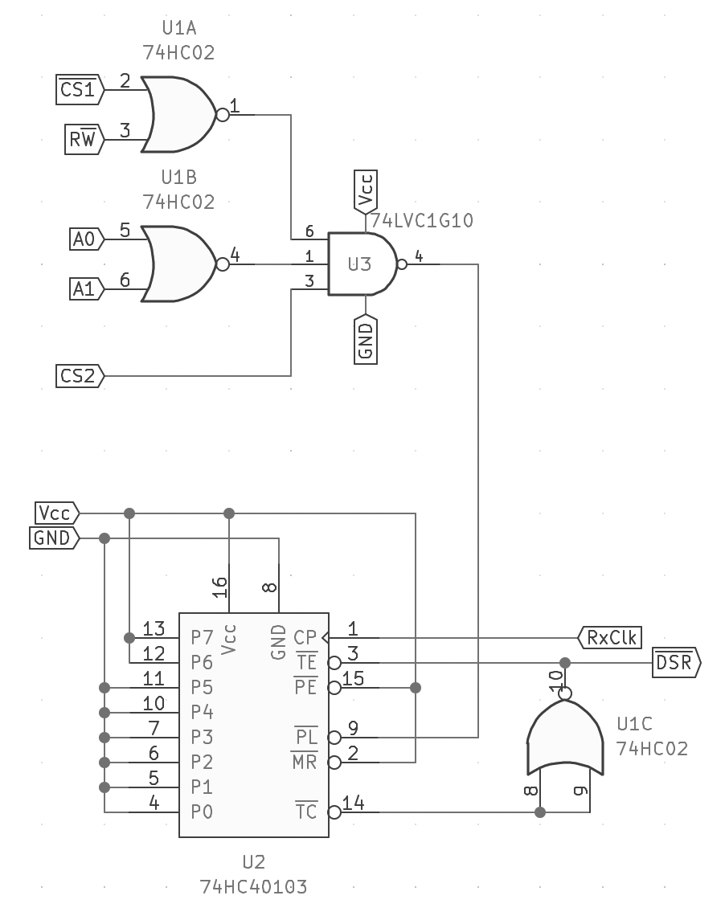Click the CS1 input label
[80, 90]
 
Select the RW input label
[84, 140]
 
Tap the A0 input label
[87, 239]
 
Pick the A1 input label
[87, 289]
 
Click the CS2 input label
[80, 376]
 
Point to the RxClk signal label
[610, 637]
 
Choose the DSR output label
[677, 662]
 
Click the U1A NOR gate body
[178, 114]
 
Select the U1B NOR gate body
[178, 264]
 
